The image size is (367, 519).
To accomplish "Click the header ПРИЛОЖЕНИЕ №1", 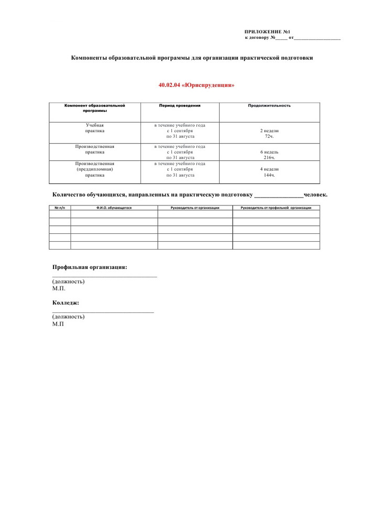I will click(267, 32).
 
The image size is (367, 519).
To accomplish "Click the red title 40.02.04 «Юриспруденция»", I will click(197, 85).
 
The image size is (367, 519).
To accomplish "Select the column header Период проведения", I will click(179, 105).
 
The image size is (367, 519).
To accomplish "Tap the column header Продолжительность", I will click(269, 105).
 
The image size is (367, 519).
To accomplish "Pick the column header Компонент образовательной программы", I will click(95, 108).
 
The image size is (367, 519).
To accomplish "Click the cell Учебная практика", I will click(95, 128).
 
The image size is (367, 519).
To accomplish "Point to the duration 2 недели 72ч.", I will click(269, 133).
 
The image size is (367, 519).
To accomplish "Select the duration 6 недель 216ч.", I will click(269, 155).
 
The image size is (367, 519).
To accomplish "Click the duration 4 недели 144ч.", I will click(269, 172).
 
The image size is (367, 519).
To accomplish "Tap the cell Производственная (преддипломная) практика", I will click(95, 169).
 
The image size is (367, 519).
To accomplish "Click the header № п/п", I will click(60, 208).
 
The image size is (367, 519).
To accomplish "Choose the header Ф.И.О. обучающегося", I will click(114, 208).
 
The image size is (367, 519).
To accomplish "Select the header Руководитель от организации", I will click(195, 208).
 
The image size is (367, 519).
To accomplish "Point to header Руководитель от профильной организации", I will click(276, 208).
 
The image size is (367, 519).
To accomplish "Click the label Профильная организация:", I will click(90, 267).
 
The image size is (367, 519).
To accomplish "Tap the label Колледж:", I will click(66, 302).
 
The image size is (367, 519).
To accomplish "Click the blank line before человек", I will click(278, 196).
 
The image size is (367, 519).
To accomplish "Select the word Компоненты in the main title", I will click(88, 58).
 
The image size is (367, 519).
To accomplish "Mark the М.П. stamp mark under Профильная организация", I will click(59, 288).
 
